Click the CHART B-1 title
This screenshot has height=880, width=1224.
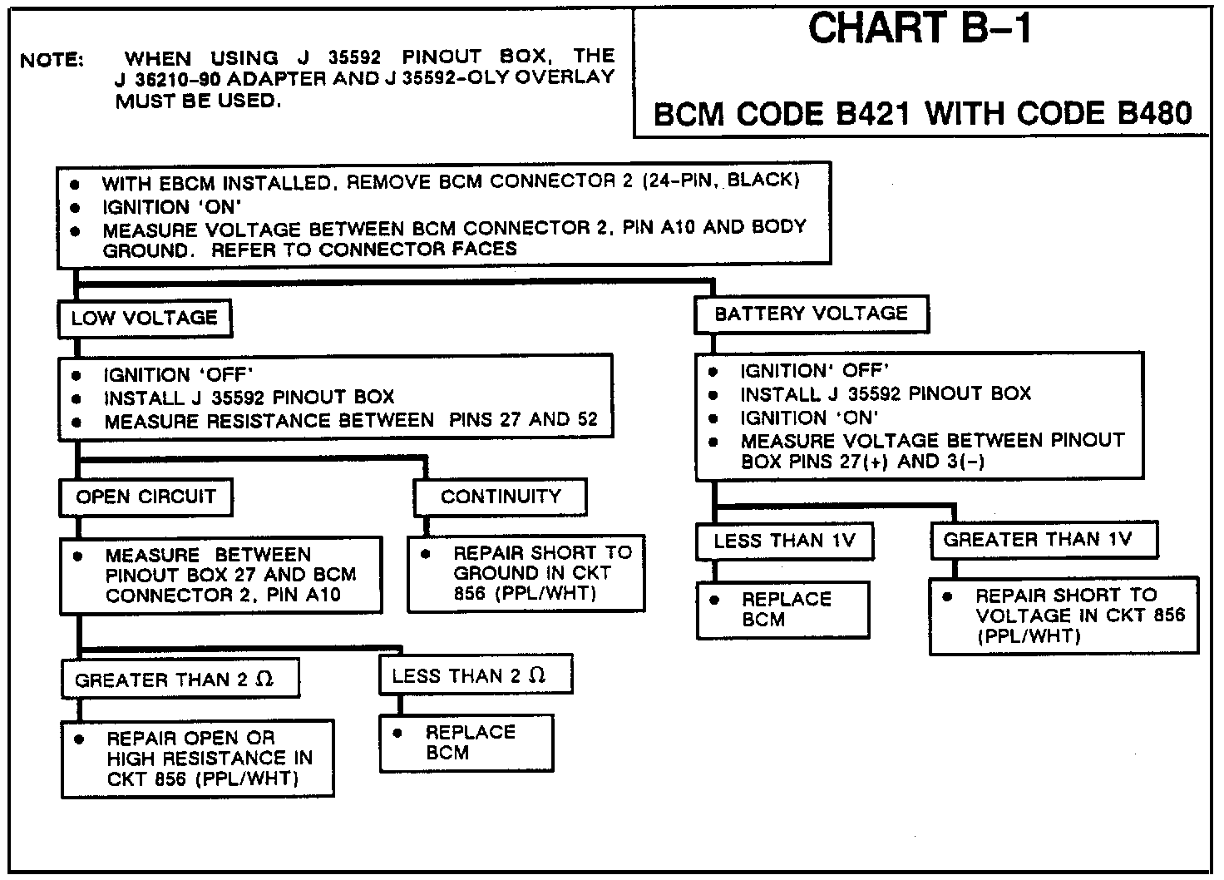920,30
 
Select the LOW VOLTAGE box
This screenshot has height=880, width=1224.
145,318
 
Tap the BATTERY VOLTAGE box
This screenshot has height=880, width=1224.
811,314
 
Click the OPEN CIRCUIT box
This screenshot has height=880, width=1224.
146,497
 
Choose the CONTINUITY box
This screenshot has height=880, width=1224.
501,497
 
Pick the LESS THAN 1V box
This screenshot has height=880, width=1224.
784,541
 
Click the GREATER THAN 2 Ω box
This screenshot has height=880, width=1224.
179,680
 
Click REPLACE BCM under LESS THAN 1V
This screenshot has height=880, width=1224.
786,609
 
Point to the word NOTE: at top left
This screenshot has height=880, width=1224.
52,60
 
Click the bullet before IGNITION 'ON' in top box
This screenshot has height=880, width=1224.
76,207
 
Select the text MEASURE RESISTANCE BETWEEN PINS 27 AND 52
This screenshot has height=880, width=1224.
350,420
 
